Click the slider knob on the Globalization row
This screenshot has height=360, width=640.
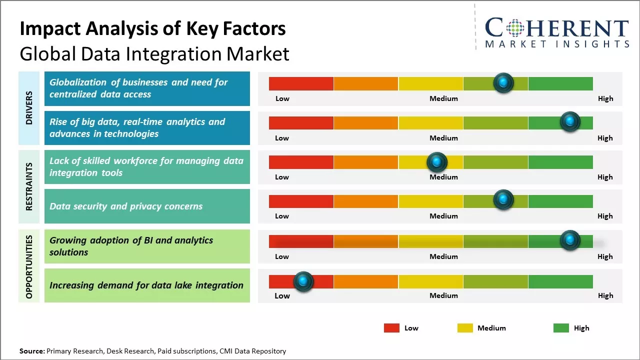503,83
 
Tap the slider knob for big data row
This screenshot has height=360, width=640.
570,122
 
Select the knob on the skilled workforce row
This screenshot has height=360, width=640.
437,162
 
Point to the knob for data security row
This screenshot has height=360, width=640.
503,200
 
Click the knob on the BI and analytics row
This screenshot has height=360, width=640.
570,240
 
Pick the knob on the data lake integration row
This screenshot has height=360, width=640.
303,282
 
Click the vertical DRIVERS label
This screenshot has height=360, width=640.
29,108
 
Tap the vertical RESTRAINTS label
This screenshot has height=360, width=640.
29,186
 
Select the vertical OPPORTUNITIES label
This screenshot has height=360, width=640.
29,266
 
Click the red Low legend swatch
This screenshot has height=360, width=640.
391,328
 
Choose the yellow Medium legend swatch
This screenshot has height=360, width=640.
465,328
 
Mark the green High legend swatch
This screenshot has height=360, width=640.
561,328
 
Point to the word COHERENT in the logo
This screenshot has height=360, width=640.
556,28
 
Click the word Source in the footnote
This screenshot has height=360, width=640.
32,351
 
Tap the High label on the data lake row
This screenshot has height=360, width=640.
605,295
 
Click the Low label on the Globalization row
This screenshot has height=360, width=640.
282,98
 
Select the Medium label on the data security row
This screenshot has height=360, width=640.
443,216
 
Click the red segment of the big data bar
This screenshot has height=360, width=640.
301,123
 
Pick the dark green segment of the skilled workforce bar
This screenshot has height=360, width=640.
560,162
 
